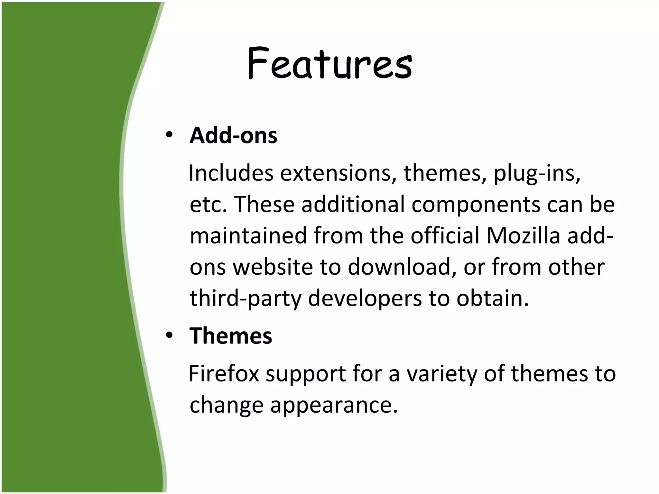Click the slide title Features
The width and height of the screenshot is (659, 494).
329,63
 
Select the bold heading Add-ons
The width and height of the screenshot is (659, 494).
233,136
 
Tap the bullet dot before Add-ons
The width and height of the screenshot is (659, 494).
169,135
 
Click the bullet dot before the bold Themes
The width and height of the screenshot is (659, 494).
169,336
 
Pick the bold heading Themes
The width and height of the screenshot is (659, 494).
231,336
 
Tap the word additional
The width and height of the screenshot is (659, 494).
353,205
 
